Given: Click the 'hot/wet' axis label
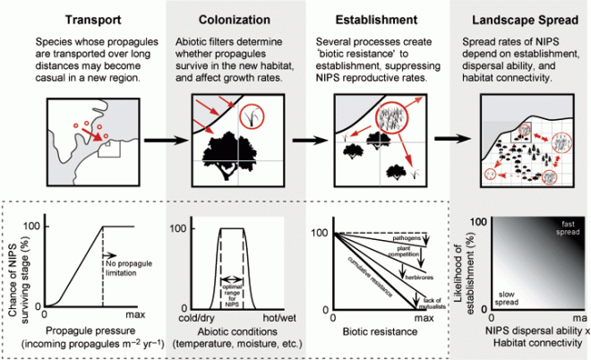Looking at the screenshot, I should [257, 317].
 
